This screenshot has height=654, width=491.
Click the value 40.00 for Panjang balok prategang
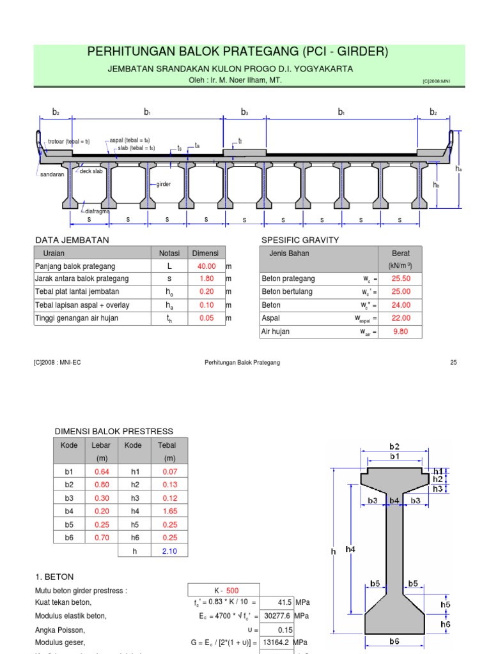pyautogui.click(x=206, y=266)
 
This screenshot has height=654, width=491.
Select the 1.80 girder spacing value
pyautogui.click(x=206, y=278)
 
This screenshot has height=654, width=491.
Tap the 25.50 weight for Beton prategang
pyautogui.click(x=400, y=279)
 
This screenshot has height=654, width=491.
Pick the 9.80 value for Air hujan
pyautogui.click(x=400, y=331)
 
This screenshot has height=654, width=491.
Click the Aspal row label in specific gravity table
pyautogui.click(x=271, y=318)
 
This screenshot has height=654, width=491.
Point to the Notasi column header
pyautogui.click(x=169, y=253)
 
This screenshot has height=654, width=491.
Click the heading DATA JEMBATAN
pyautogui.click(x=72, y=240)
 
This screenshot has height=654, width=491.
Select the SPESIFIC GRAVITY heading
pyautogui.click(x=300, y=240)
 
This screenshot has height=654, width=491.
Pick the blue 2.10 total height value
pyautogui.click(x=169, y=551)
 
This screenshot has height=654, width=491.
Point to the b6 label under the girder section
pyautogui.click(x=394, y=641)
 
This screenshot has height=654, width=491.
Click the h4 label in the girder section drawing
pyautogui.click(x=350, y=549)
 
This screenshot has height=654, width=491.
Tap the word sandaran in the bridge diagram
pyautogui.click(x=52, y=174)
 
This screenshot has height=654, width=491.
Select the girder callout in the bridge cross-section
pyautogui.click(x=164, y=184)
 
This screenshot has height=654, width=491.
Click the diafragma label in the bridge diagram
pyautogui.click(x=98, y=211)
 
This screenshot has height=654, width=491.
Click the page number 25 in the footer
pyautogui.click(x=453, y=362)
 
